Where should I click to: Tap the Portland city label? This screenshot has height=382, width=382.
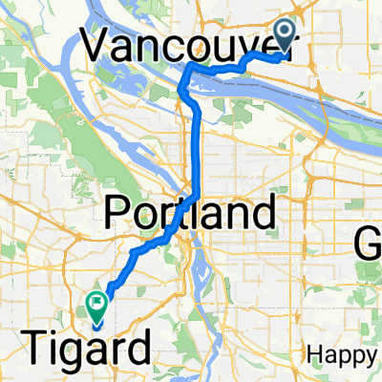pyautogui.click(x=190, y=210)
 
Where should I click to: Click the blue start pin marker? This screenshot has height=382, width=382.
pyautogui.click(x=287, y=35)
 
